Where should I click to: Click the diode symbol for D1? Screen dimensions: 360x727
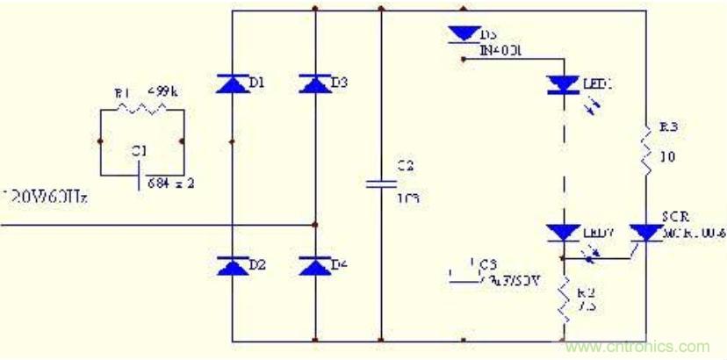click(x=232, y=83)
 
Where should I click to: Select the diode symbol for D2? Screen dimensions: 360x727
click(x=232, y=264)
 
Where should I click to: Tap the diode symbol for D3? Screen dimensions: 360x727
click(x=315, y=83)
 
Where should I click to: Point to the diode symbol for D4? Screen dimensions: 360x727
click(x=315, y=264)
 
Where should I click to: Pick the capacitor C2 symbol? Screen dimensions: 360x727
click(x=380, y=184)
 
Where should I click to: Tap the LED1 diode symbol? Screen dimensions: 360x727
click(x=561, y=84)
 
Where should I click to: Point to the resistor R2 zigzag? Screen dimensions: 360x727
click(x=561, y=303)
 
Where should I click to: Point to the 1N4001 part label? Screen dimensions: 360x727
click(x=501, y=51)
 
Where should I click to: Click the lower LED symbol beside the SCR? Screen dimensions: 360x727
click(x=561, y=234)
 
